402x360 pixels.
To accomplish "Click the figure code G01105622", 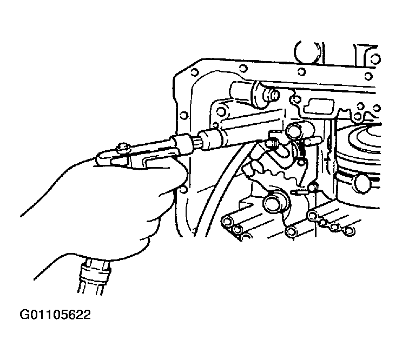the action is [x=55, y=315].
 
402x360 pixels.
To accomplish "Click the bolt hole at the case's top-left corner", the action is [x=195, y=72].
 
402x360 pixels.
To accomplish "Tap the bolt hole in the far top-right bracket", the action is [x=376, y=59].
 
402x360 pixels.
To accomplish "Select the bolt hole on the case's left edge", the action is [x=183, y=116].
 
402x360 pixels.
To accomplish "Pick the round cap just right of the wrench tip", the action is [x=294, y=130].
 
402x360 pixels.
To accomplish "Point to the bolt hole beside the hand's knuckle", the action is [x=183, y=190].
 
